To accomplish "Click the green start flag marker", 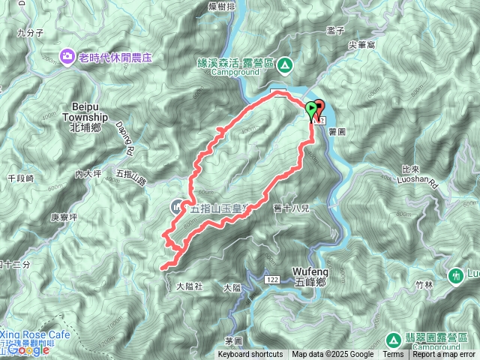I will coord(310,111).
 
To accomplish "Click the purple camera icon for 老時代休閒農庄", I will coord(68,55).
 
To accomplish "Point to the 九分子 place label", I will coord(31,33).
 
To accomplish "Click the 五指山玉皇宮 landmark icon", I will coord(177,205).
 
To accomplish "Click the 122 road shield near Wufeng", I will coord(271,279).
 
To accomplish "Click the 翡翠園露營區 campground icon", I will coord(394,339).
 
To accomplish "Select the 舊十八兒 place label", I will coord(292,208).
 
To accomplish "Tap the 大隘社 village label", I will coord(190,286).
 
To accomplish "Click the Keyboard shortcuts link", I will coord(250,355).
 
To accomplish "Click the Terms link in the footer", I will coord(393,355).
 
